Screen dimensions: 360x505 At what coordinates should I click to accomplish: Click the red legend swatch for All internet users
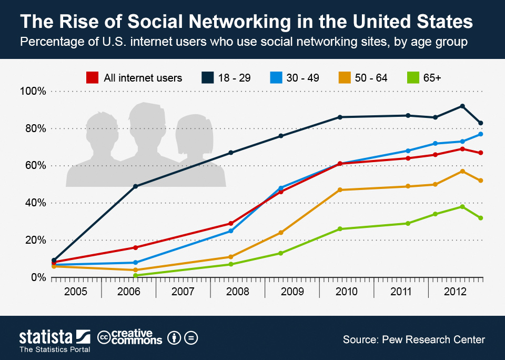pos(92,78)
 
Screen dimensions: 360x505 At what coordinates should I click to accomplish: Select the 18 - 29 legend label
pos(235,78)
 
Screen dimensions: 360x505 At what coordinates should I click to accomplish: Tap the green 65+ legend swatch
pos(413,78)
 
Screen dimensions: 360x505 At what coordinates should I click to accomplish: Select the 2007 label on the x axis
pos(183,292)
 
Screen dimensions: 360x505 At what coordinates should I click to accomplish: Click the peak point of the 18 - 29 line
pos(462,106)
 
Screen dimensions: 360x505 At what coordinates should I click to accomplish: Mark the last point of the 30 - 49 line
pos(481,134)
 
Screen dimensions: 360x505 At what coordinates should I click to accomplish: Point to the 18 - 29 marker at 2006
pos(135,186)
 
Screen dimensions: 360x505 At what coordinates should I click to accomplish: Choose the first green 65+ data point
pos(135,275)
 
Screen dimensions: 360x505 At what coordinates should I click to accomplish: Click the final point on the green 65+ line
pos(481,218)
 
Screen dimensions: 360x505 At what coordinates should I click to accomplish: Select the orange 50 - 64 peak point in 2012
pos(462,171)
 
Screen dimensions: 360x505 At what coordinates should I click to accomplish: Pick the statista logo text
pos(46,337)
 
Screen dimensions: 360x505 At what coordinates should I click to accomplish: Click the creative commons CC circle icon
pos(104,337)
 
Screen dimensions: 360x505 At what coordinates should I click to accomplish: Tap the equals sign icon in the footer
pos(191,338)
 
